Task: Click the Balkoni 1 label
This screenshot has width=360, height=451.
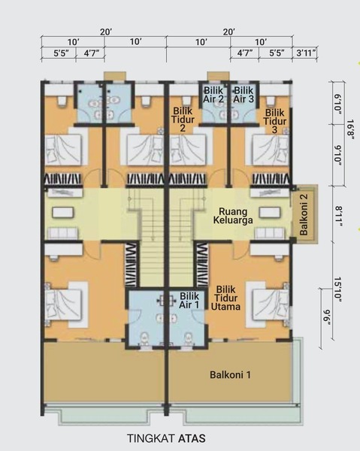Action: [x=230, y=375]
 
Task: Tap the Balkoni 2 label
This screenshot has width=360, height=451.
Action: [x=304, y=214]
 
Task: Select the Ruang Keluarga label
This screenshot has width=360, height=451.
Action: [x=233, y=216]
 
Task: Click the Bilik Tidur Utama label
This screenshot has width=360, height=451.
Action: [x=225, y=298]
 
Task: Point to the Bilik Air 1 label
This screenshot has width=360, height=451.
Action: [x=189, y=300]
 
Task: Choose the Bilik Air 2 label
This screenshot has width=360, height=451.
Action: [x=213, y=95]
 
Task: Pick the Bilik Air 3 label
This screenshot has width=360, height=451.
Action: [x=244, y=95]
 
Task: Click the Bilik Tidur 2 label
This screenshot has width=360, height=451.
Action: [x=183, y=119]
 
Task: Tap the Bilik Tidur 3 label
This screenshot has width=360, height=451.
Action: [x=275, y=121]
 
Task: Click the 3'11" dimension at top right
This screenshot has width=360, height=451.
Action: [x=306, y=53]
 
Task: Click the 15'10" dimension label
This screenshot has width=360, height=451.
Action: [x=338, y=289]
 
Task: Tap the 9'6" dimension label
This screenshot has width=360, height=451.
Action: [x=327, y=317]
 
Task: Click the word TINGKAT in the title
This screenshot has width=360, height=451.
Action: [x=151, y=439]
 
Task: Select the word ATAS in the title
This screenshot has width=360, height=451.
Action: [x=192, y=439]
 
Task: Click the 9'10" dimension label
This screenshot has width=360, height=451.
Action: [x=338, y=156]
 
